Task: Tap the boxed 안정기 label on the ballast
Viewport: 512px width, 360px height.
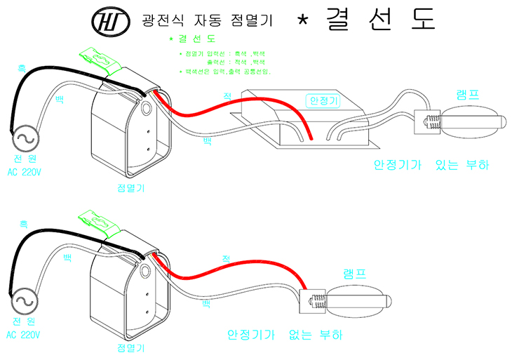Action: tap(323, 101)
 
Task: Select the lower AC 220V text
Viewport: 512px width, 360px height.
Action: tap(25, 335)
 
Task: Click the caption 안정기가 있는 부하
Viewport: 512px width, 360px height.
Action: tap(431, 166)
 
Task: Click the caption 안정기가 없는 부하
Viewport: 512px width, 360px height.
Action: tap(285, 335)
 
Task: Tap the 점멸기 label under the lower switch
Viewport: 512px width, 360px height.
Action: tap(132, 349)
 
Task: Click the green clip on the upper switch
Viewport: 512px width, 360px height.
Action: tap(100, 60)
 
